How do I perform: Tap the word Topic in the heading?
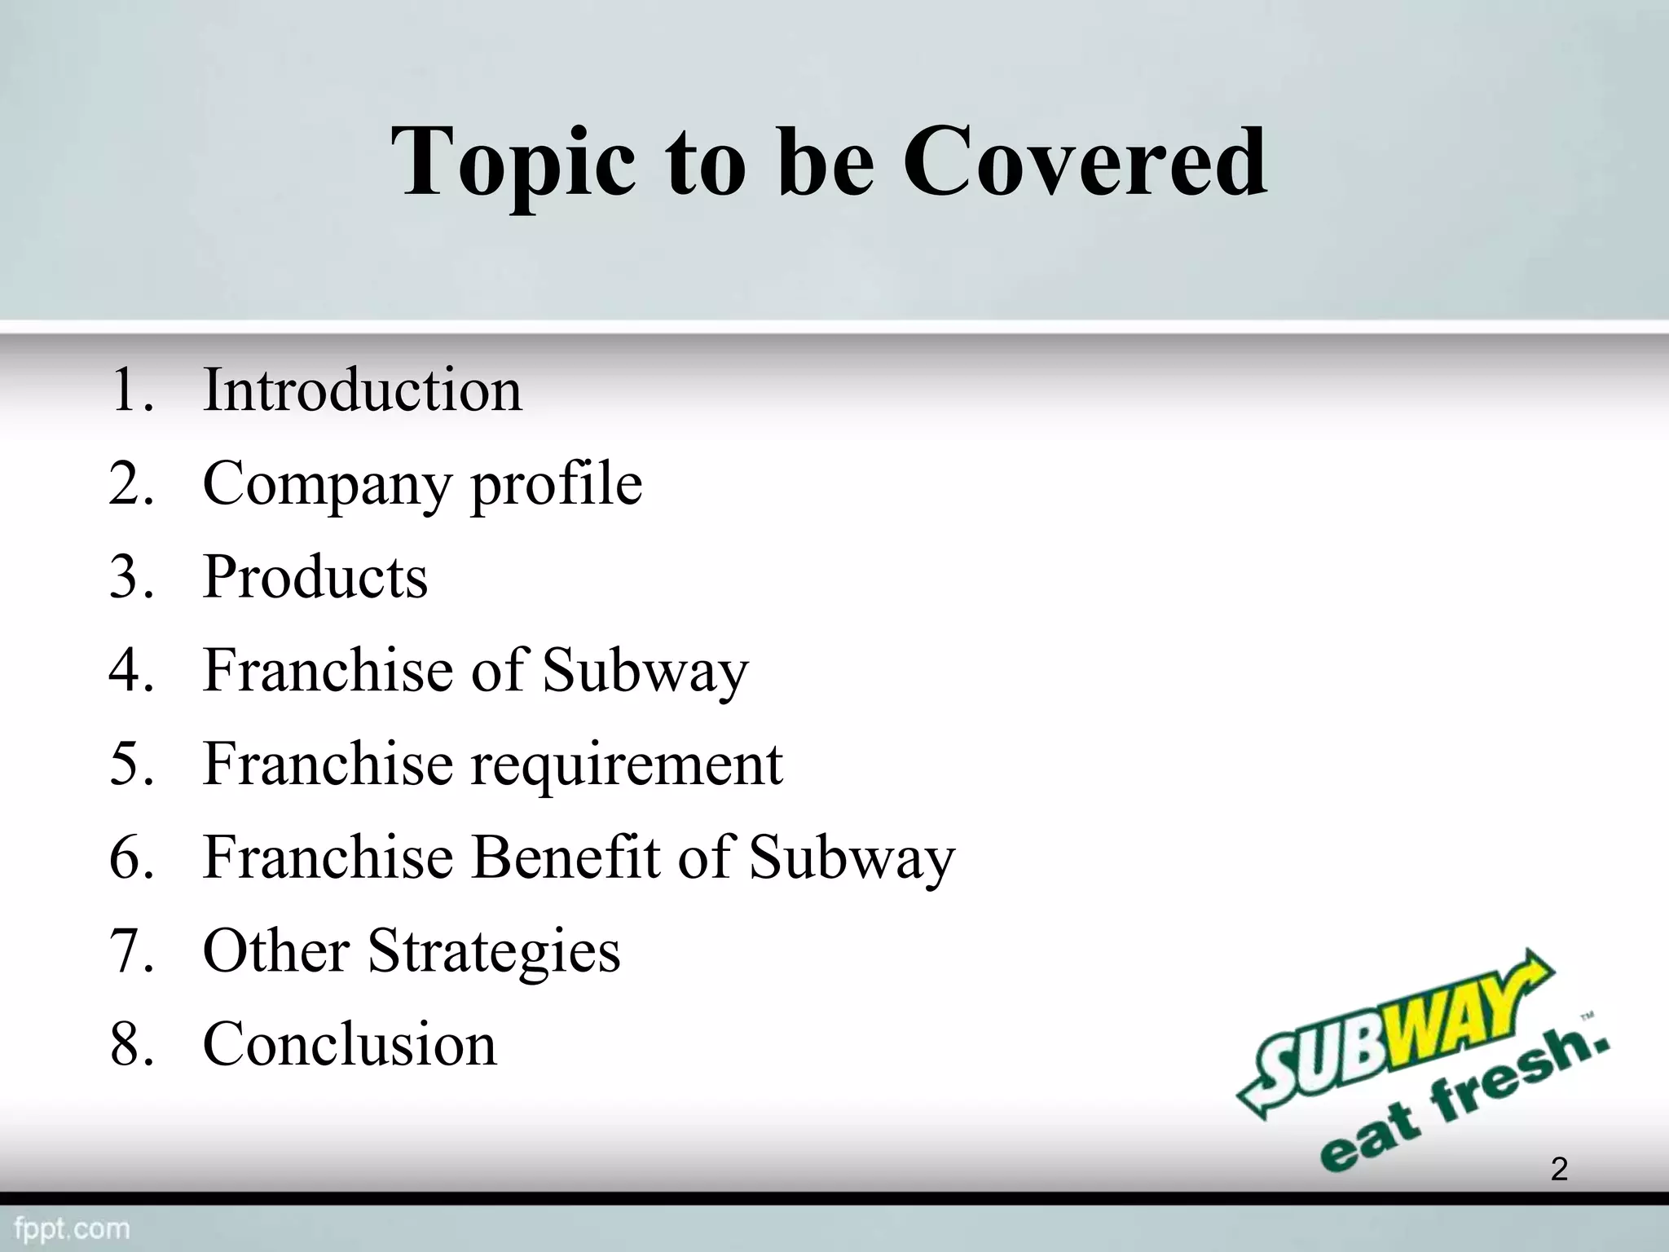(513, 163)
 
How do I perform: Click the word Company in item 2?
(326, 485)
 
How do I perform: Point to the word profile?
(557, 485)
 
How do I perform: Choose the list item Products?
(315, 577)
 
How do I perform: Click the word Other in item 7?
(276, 951)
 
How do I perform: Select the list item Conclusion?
(349, 1044)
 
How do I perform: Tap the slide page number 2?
(1558, 1169)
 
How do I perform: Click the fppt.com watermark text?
(72, 1228)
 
